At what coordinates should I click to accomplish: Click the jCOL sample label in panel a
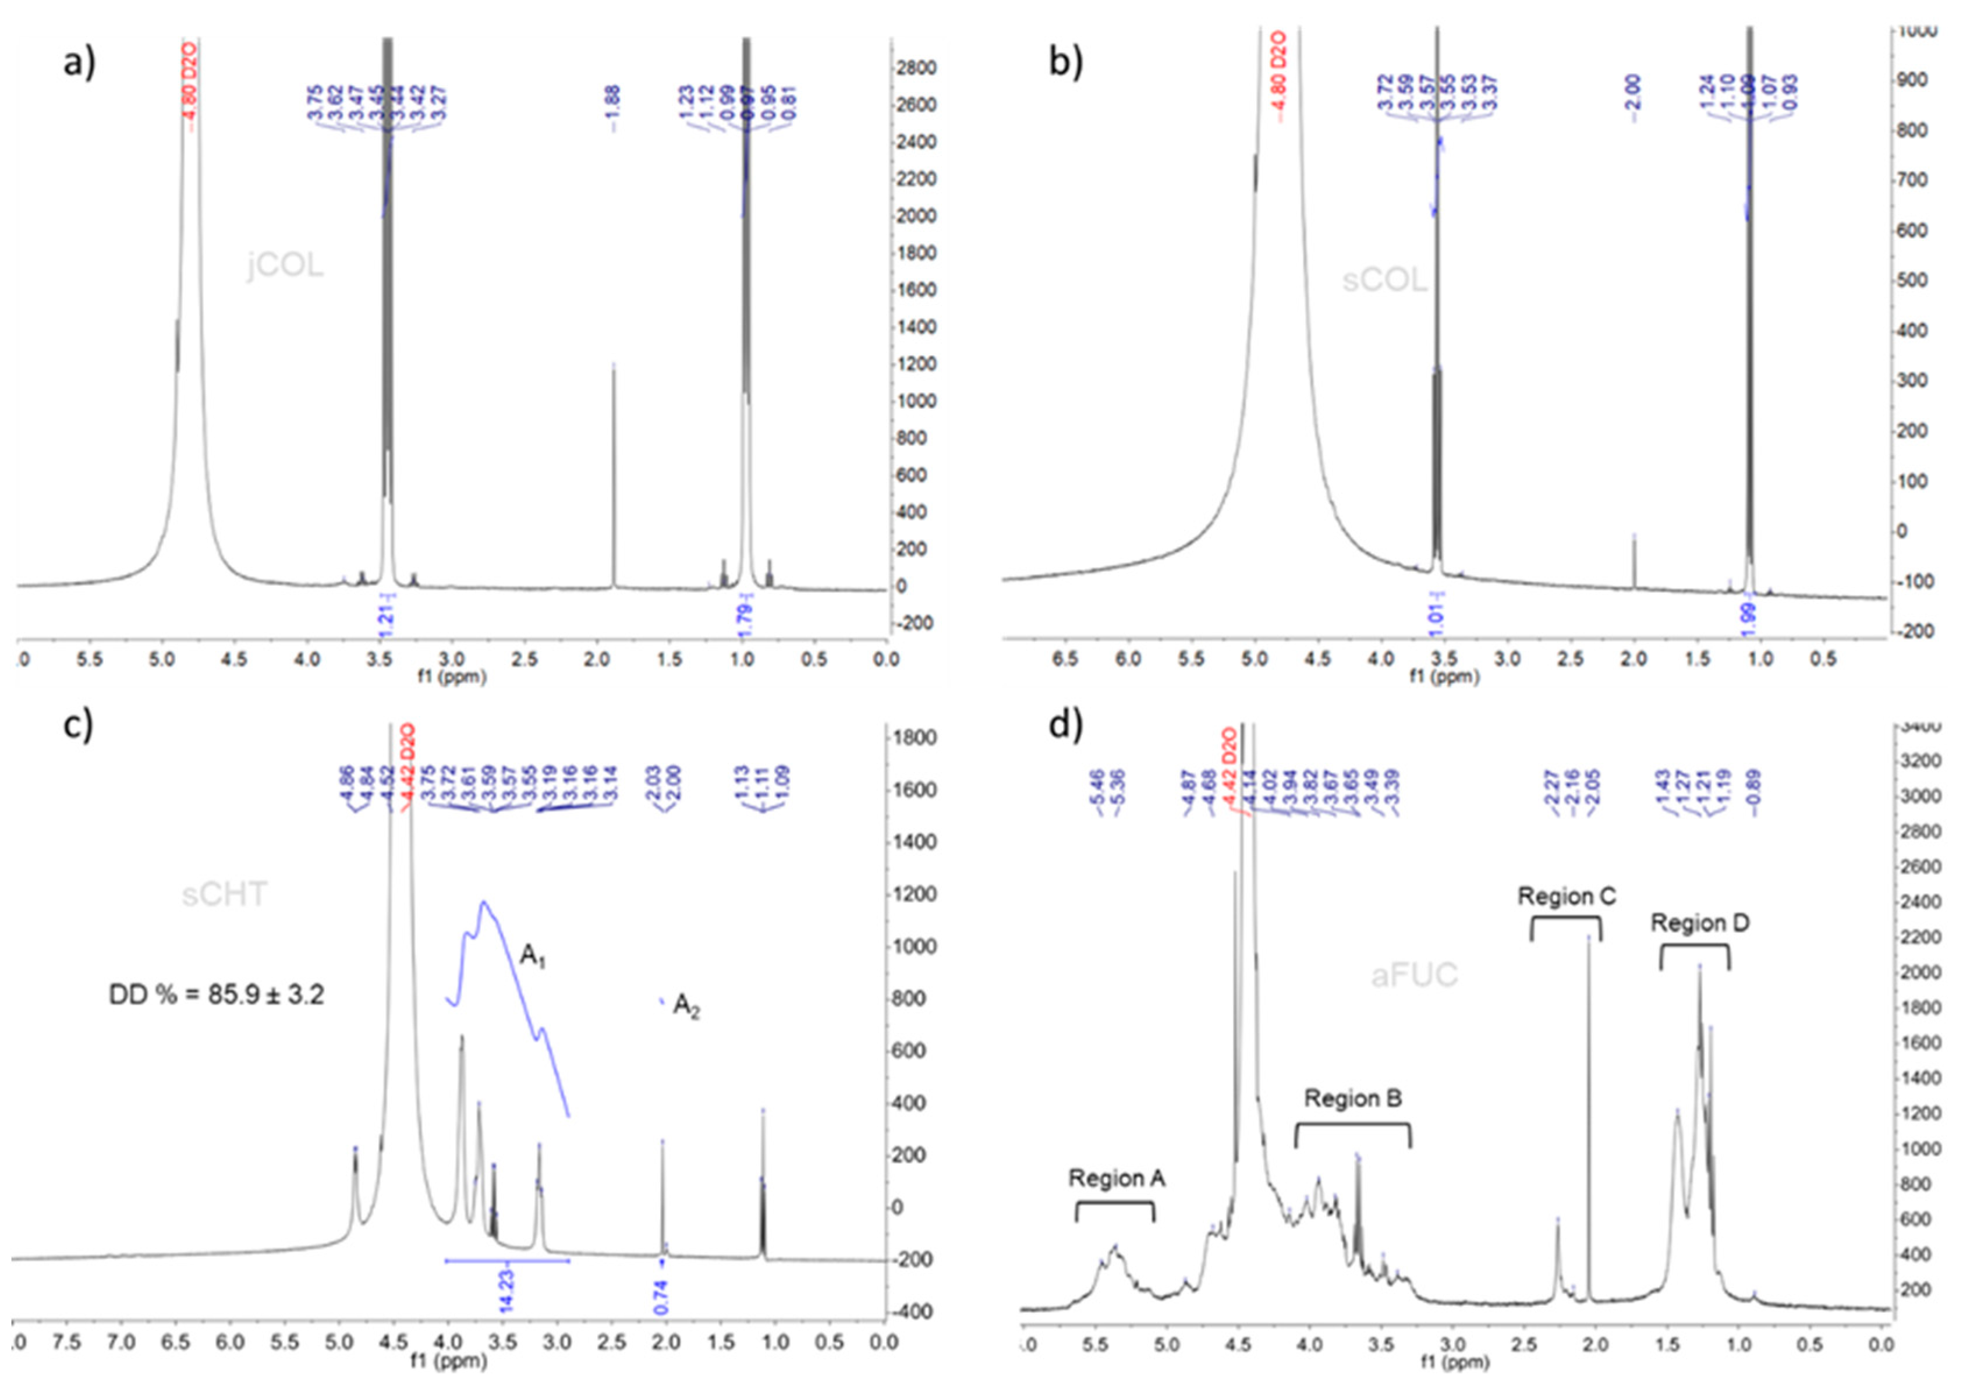(286, 266)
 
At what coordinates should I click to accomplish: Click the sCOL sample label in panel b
(1384, 279)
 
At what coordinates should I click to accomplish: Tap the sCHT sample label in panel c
(224, 894)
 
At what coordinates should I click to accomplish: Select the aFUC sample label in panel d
(1414, 975)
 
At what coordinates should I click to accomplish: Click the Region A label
(1117, 1179)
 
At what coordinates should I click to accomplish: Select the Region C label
(1567, 896)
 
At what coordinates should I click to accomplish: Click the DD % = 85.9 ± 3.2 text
(217, 995)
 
